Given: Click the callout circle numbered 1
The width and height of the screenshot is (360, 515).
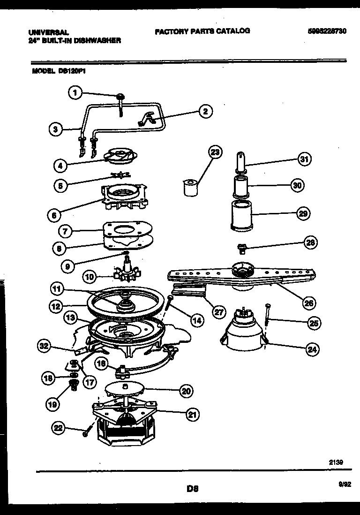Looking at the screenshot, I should click(75, 93).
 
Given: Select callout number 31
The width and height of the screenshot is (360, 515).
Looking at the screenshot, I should click(304, 159).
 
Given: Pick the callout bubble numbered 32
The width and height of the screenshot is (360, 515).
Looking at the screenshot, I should click(45, 347).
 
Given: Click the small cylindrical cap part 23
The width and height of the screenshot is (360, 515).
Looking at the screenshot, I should click(190, 188).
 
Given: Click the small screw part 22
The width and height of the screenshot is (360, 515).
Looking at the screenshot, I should click(85, 434).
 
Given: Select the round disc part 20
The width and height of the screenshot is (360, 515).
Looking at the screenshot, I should click(125, 389).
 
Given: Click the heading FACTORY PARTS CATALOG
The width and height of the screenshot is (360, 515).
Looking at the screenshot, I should click(202, 31).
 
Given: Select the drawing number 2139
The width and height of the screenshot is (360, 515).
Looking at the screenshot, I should click(336, 462).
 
